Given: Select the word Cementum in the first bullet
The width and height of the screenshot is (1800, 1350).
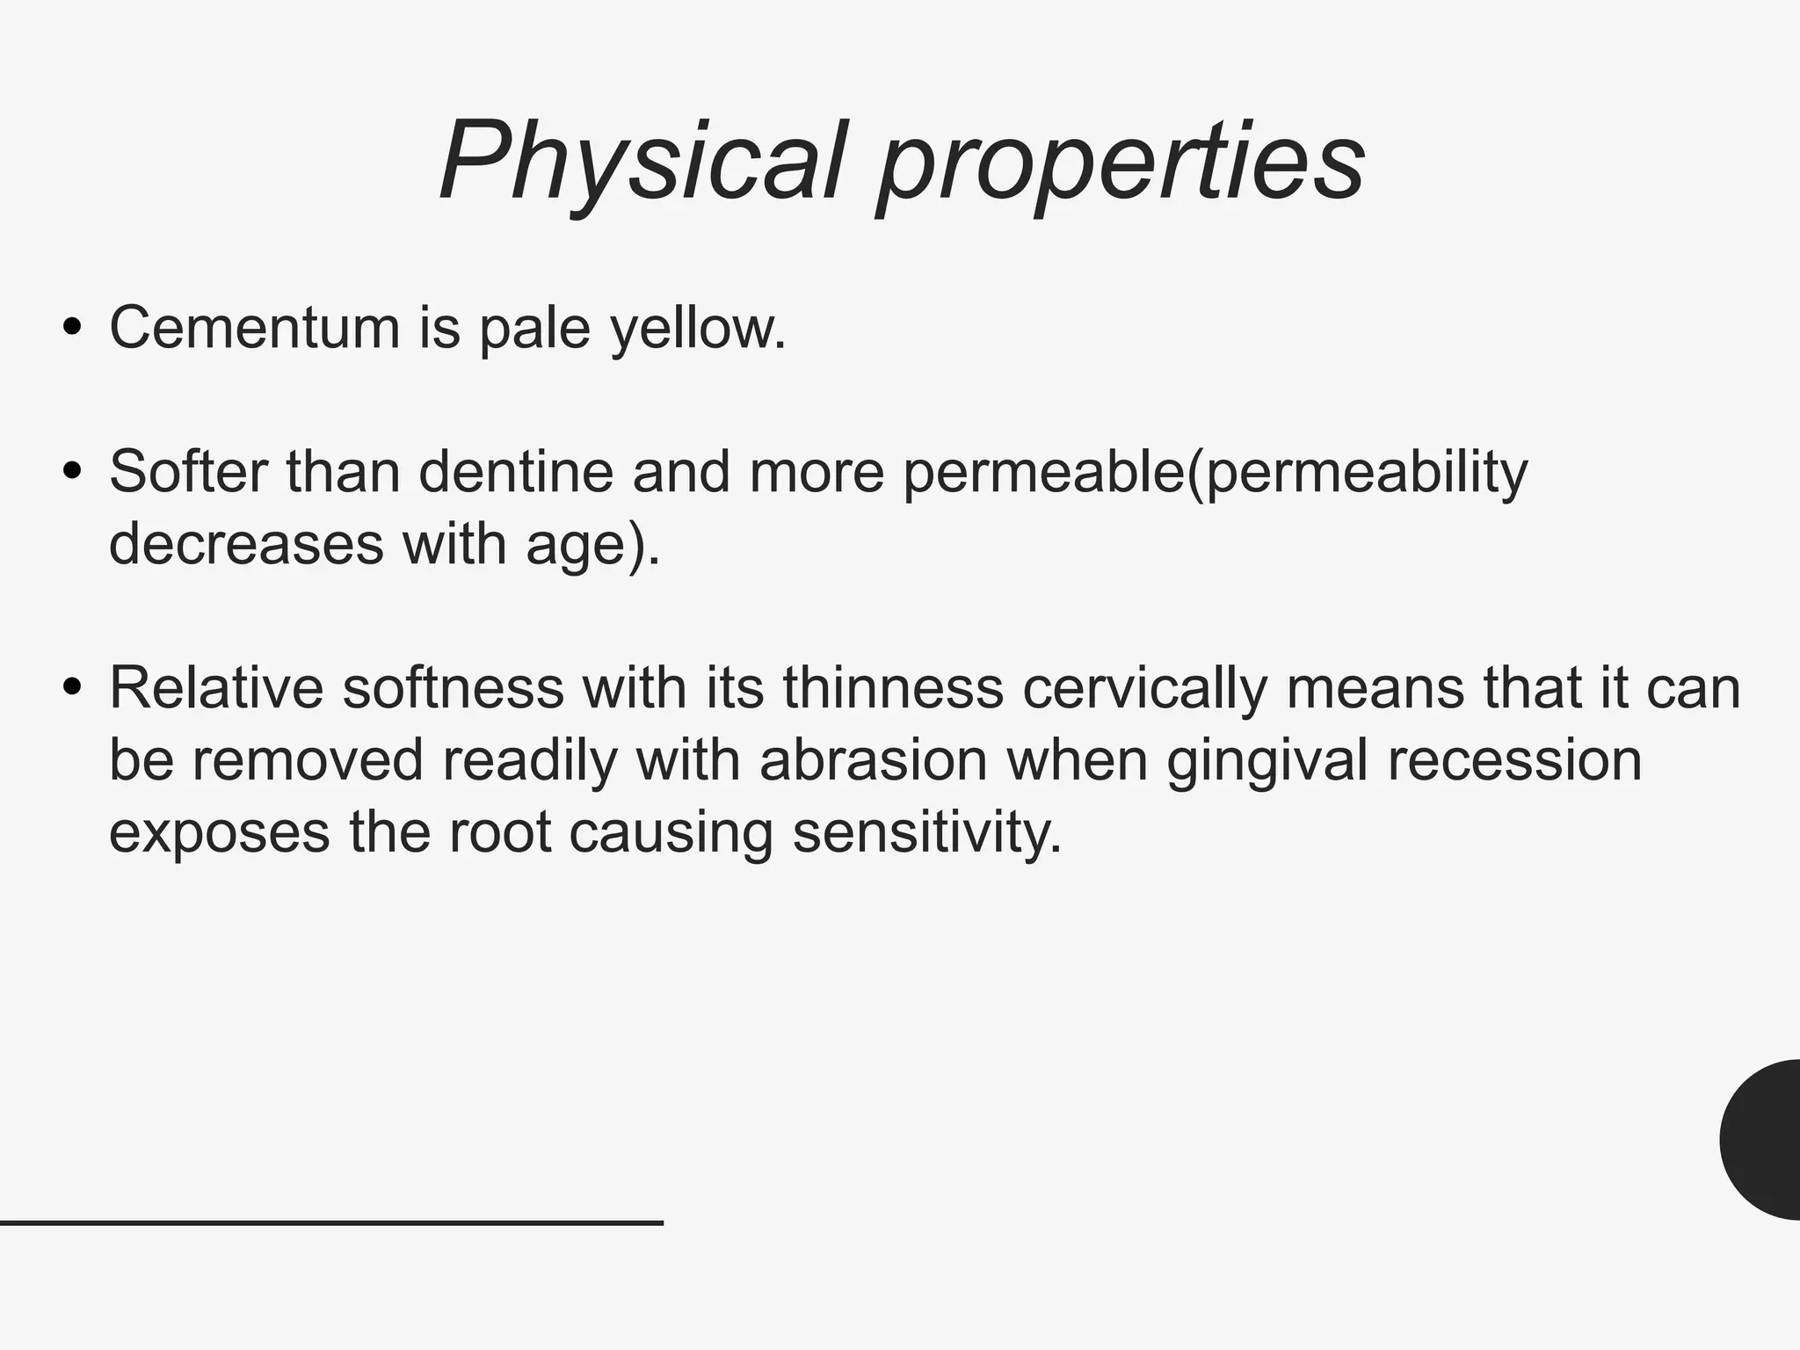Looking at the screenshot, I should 254,327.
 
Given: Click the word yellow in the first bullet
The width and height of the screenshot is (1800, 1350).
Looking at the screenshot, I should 698,329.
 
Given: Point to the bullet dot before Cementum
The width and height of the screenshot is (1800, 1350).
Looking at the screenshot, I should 73,328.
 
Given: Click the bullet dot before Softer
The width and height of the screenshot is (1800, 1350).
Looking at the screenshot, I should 73,472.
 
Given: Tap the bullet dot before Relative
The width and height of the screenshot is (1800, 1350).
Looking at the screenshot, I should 73,687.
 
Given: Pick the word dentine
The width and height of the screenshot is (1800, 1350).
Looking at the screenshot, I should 515,471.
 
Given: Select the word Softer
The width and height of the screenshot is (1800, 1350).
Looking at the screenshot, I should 187,471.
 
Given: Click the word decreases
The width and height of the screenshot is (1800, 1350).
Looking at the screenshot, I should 246,543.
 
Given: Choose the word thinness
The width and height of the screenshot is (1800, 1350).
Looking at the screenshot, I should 893,687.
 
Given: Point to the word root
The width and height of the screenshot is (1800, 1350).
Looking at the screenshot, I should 500,832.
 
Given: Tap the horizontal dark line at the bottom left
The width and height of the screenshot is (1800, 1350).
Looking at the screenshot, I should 331,1223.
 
